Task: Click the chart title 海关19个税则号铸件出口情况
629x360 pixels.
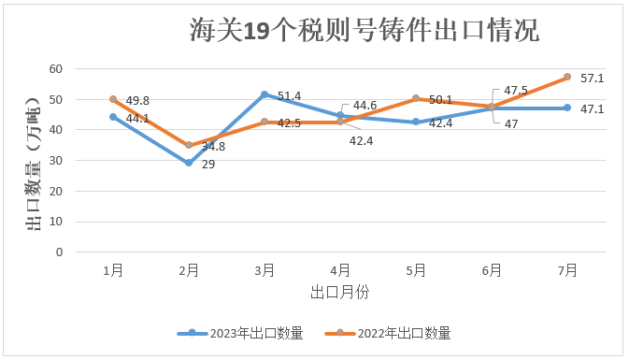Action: pyautogui.click(x=365, y=30)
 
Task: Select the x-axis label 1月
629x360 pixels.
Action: pyautogui.click(x=113, y=270)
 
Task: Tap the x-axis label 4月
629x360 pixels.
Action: pyautogui.click(x=340, y=270)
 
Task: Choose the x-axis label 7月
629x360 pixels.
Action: pyautogui.click(x=567, y=270)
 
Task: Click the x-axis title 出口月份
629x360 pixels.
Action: pyautogui.click(x=340, y=292)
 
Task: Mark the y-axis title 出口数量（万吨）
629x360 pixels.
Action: pyautogui.click(x=31, y=161)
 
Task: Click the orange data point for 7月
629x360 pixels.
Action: pyautogui.click(x=567, y=78)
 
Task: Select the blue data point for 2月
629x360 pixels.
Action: pyautogui.click(x=189, y=163)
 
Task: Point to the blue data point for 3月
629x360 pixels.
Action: pyautogui.click(x=264, y=94)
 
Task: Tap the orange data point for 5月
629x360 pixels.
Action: pyautogui.click(x=416, y=98)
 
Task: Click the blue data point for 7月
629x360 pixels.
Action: pyautogui.click(x=567, y=108)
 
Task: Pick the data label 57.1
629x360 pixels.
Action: pyautogui.click(x=592, y=79)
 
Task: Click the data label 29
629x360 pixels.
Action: pyautogui.click(x=207, y=165)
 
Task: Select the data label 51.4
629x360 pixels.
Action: pyautogui.click(x=288, y=96)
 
